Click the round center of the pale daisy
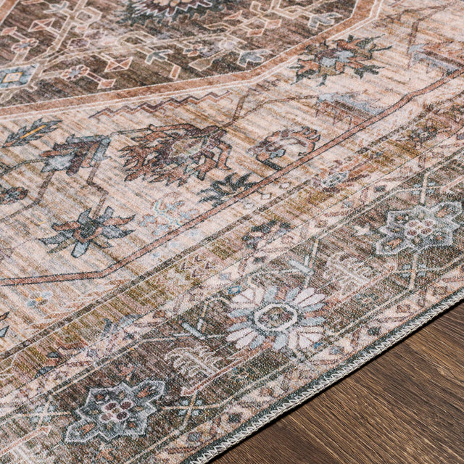coord(276,316)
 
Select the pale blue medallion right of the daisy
coord(418,228)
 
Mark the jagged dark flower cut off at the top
coord(170,9)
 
